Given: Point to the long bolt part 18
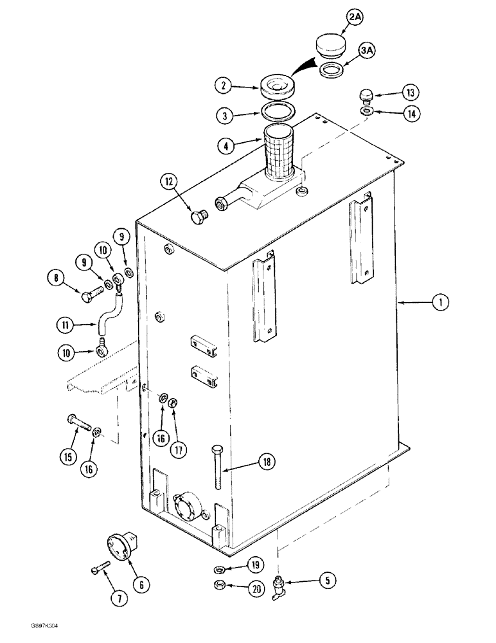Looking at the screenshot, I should click(x=217, y=471).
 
